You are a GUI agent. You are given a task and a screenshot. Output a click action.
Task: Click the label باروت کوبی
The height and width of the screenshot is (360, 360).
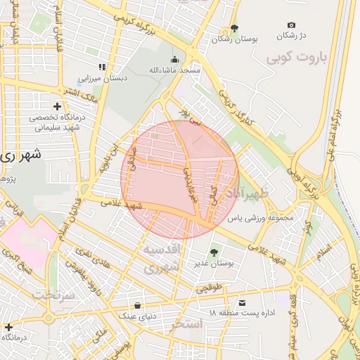(x=295, y=60)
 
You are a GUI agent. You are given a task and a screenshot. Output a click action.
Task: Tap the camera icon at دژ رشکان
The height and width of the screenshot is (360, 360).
(x=292, y=25)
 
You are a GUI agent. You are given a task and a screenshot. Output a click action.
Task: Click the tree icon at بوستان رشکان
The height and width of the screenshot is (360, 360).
(x=234, y=28)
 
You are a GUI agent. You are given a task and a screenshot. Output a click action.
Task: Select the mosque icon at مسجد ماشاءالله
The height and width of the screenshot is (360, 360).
(x=175, y=60)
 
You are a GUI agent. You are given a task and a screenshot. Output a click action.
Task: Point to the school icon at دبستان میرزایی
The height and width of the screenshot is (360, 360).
(x=102, y=67)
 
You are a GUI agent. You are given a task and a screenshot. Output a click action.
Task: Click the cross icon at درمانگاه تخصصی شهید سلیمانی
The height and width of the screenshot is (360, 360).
(x=57, y=106)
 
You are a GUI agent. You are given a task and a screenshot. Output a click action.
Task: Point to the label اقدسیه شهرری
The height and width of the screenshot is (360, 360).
(x=165, y=259)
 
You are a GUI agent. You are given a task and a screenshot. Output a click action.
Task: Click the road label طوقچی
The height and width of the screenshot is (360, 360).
(x=209, y=288)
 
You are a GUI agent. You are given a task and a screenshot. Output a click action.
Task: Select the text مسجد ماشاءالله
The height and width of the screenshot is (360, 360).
(x=174, y=71)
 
